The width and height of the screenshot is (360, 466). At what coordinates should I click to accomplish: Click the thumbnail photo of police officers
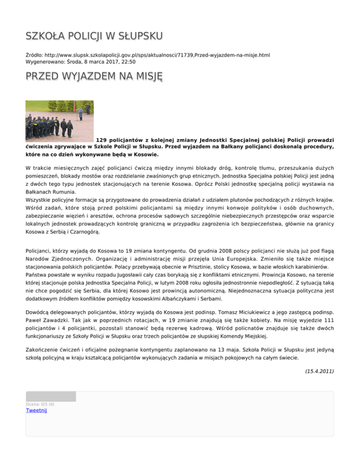pyautogui.click(x=60, y=121)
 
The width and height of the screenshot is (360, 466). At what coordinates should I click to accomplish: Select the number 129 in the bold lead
pyautogui.click(x=102, y=140)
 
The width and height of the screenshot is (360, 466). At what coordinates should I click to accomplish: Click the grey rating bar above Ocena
pyautogui.click(x=51, y=397)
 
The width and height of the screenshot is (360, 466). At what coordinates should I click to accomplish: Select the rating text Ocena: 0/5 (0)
pyautogui.click(x=40, y=404)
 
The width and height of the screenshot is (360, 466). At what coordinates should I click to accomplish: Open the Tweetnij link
pyautogui.click(x=37, y=411)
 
